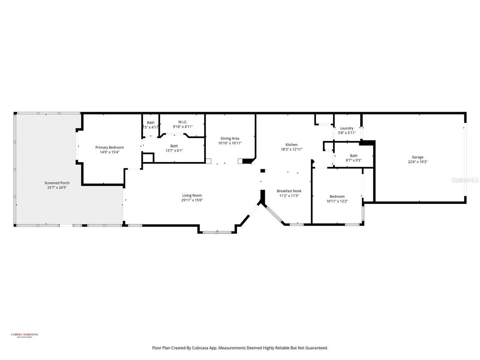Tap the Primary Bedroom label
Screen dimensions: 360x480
109,147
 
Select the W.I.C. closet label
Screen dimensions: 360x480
183,122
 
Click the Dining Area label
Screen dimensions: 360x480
230,138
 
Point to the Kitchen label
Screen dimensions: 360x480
291,145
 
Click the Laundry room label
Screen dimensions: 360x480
347,128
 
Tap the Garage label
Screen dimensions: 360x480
418,157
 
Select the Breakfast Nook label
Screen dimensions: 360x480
289,191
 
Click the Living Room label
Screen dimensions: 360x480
192,195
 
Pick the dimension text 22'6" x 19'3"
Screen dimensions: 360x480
418,162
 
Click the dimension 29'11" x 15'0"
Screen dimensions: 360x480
192,200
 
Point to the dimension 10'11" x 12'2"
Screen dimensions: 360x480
337,201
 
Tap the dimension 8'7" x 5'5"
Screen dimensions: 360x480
354,160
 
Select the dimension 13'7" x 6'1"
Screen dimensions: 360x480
174,150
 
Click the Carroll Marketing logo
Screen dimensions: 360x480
24,335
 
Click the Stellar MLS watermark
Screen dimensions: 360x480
465,180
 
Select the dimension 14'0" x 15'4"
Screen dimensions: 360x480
109,152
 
